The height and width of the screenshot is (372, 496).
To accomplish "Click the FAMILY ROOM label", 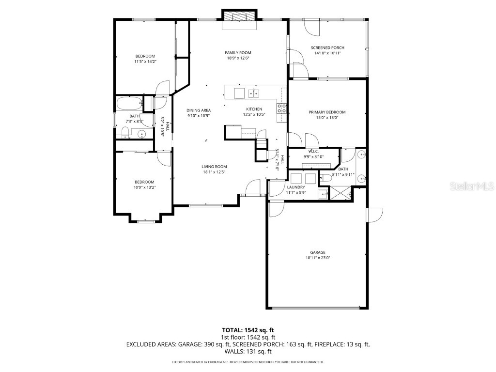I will pyautogui.click(x=238, y=52).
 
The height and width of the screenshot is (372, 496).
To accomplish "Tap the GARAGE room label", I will pyautogui.click(x=318, y=252).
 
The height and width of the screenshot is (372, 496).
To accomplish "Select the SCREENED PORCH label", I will pyautogui.click(x=327, y=47).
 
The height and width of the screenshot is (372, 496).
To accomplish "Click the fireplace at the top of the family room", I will pyautogui.click(x=238, y=16).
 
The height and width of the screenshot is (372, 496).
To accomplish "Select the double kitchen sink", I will pyautogui.click(x=254, y=93).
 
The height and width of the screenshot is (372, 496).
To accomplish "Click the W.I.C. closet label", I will pyautogui.click(x=313, y=151).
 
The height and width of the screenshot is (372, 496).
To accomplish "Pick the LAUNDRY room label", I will pyautogui.click(x=296, y=187).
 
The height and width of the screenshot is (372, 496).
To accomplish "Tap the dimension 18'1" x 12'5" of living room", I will pyautogui.click(x=214, y=172).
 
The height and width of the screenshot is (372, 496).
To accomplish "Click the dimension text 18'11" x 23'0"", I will pyautogui.click(x=318, y=258).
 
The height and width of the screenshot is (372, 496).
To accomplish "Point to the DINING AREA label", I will pyautogui.click(x=199, y=110).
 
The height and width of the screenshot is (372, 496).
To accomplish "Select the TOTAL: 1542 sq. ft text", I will pyautogui.click(x=248, y=330).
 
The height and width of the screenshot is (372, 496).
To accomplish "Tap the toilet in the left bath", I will pyautogui.click(x=124, y=131).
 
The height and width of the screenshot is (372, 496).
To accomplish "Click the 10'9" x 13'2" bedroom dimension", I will pyautogui.click(x=145, y=187).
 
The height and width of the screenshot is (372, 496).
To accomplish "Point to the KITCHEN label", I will pyautogui.click(x=254, y=109).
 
